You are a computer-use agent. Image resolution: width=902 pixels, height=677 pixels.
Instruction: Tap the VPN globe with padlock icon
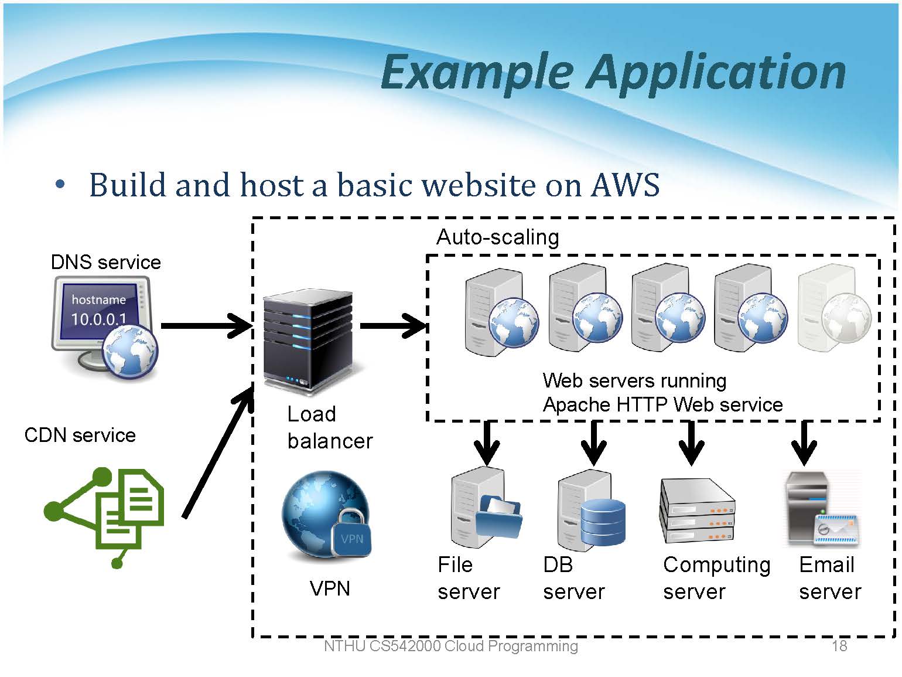pos(327,515)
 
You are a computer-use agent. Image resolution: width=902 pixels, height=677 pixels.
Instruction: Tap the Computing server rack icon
pos(697,511)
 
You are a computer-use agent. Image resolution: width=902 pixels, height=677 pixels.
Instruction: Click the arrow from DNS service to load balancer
pos(206,326)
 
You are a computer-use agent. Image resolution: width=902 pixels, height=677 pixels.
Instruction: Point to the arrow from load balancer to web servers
pos(393,326)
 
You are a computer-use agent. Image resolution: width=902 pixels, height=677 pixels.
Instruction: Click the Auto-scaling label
pos(498,237)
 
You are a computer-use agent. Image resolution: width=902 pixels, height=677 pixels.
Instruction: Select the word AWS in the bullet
pos(625,185)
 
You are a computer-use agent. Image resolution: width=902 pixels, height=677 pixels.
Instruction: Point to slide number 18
pos(839,646)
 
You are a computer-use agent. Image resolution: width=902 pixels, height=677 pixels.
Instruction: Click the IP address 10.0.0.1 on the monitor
pos(98,319)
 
